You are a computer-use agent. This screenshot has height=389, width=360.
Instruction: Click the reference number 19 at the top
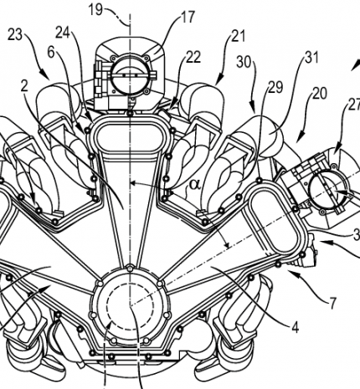point(95,10)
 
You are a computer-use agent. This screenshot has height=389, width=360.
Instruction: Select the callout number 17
point(188,17)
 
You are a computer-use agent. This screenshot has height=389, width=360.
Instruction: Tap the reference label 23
point(15,35)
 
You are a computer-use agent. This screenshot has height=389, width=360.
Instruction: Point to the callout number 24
point(64,33)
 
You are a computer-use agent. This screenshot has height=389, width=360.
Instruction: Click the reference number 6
point(51,52)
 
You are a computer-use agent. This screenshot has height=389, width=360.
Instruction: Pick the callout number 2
point(24,87)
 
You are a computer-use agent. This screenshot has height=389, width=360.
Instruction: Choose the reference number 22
point(193,58)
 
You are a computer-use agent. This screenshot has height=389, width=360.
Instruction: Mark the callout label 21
point(238,36)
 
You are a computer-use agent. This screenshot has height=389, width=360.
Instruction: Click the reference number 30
point(244,62)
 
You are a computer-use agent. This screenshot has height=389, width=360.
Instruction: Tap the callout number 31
point(311,58)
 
